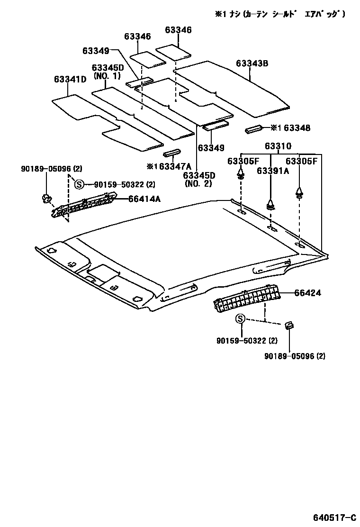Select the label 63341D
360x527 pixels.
pyautogui.click(x=70, y=79)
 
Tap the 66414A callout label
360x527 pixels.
pyautogui.click(x=144, y=199)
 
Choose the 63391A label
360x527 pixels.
pyautogui.click(x=273, y=171)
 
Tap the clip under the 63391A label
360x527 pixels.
pyautogui.click(x=270, y=205)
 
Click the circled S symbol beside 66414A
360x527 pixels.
pyautogui.click(x=79, y=184)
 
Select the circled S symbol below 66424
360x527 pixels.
pyautogui.click(x=241, y=319)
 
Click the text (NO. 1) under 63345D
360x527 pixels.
pyautogui.click(x=107, y=76)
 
